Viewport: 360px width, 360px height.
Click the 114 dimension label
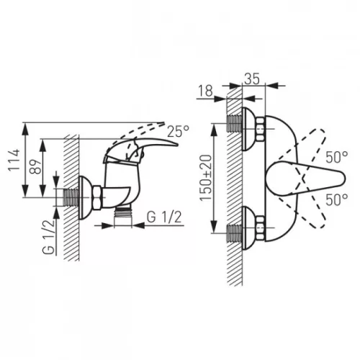14,160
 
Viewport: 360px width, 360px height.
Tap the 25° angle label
178,131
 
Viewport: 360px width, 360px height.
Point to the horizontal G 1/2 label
164,217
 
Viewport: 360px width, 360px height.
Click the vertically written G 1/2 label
49,236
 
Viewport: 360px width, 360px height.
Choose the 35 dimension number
252,78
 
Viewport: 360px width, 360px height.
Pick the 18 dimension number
206,91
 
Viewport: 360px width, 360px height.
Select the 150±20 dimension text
206,178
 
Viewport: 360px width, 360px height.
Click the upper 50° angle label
337,158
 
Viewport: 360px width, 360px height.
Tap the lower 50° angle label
337,199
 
